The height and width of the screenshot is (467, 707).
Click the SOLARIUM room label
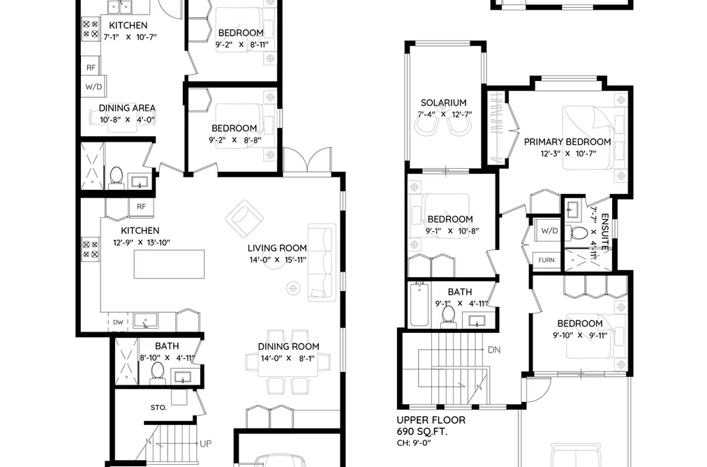(444, 103)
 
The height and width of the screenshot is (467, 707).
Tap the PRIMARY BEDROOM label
(567, 142)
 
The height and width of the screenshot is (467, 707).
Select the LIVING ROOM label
(277, 248)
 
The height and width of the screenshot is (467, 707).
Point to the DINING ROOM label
(288, 347)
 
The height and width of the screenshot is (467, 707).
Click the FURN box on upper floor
(546, 260)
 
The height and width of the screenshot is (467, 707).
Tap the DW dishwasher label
(118, 323)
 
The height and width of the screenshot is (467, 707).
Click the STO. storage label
(158, 408)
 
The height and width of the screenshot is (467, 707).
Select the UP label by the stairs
(206, 444)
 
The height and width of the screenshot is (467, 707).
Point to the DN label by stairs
(494, 350)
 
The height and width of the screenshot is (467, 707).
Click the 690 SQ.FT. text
(422, 432)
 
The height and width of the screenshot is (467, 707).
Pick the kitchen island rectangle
(169, 264)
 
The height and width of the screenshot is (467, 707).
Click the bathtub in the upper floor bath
(419, 304)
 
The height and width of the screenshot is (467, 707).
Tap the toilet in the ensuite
(579, 232)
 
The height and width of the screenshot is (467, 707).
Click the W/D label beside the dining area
(94, 87)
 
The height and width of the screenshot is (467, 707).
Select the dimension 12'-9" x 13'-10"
(142, 242)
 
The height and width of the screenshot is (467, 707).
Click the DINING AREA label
(127, 108)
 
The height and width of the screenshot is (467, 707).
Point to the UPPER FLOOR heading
(431, 420)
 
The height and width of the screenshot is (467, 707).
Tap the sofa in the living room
(322, 262)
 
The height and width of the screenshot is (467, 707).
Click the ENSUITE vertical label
(605, 232)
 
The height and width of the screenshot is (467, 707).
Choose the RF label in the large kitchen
(141, 207)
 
